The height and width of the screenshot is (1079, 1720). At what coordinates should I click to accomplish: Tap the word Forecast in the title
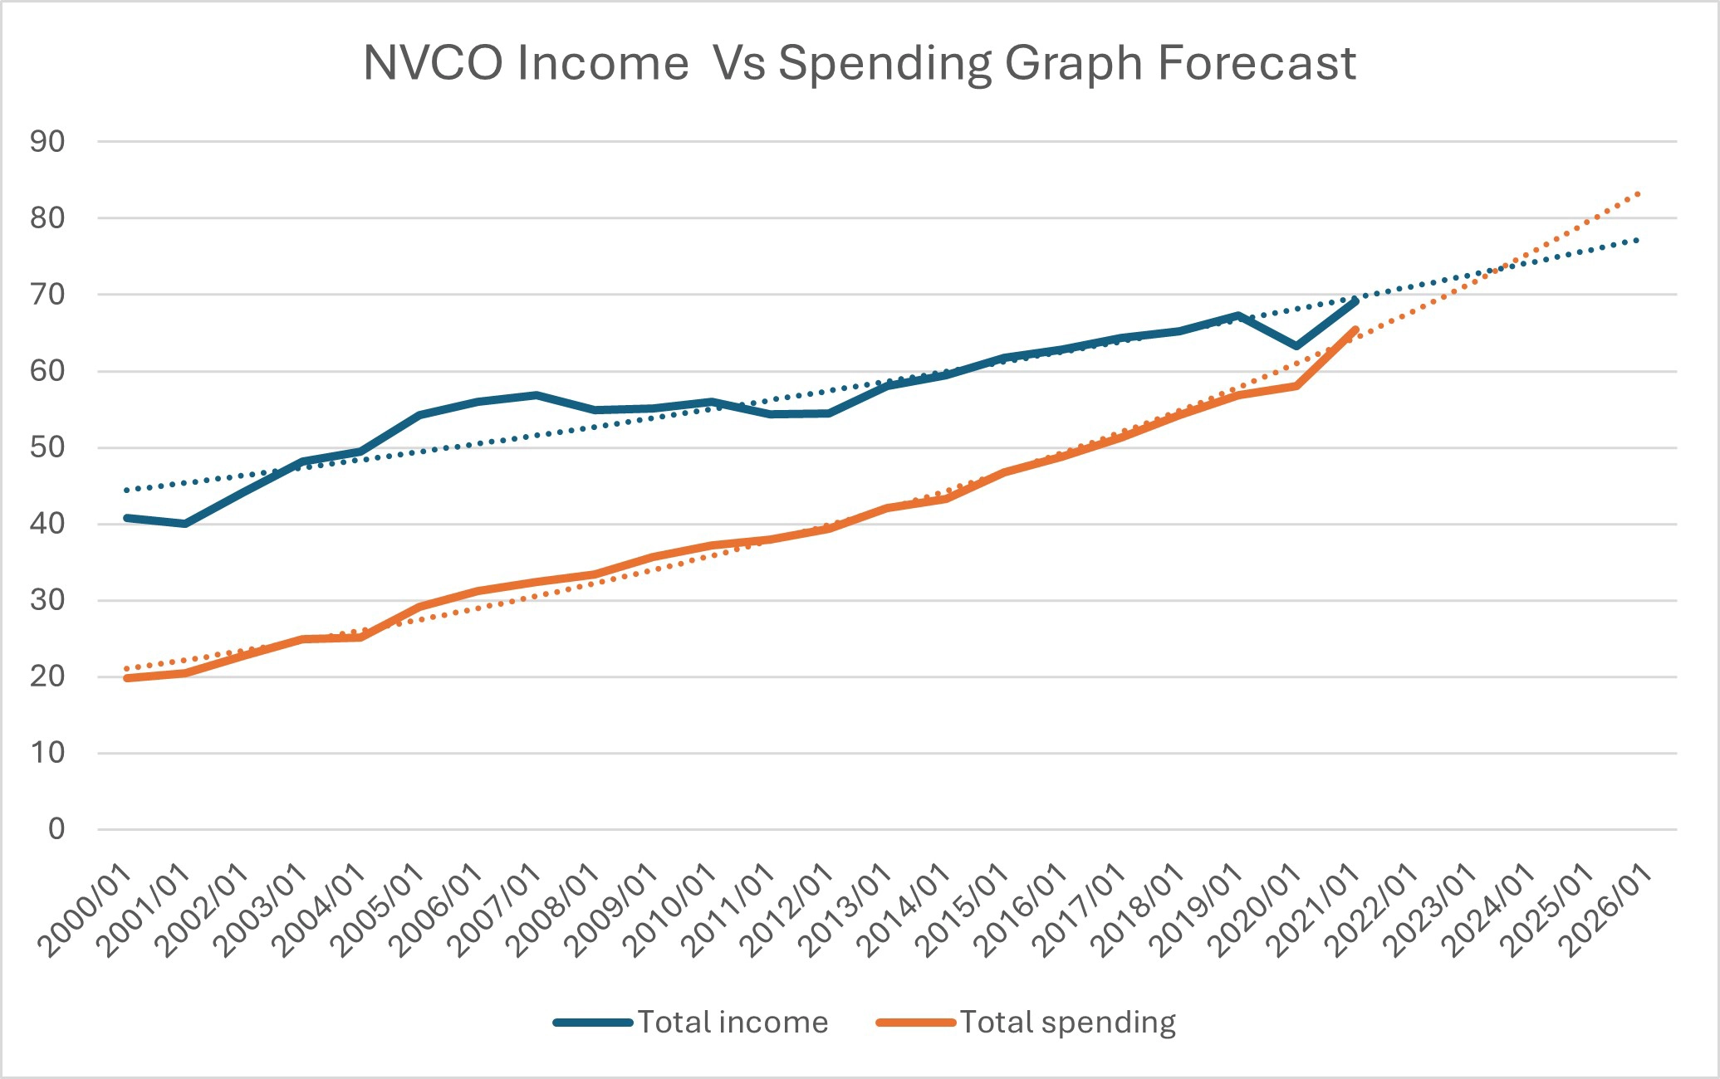point(1257,63)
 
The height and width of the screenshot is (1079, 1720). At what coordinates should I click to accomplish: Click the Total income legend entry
point(691,1022)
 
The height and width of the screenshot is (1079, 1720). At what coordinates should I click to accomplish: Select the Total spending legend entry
point(1027,1022)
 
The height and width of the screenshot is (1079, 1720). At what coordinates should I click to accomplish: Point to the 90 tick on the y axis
point(47,142)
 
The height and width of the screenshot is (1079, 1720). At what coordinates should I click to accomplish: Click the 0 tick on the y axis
point(56,828)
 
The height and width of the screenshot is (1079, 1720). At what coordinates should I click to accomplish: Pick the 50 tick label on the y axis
point(47,447)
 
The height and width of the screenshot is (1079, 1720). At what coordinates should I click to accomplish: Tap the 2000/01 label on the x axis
point(86,911)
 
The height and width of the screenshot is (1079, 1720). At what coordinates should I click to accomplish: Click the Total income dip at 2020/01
point(1296,346)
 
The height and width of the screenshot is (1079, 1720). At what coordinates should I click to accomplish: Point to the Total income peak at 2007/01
point(537,395)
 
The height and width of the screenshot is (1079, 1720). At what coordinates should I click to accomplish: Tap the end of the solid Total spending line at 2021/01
point(1355,330)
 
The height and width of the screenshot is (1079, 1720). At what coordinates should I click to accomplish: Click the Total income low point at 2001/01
point(184,524)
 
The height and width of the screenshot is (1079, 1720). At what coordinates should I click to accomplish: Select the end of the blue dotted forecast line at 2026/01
point(1639,240)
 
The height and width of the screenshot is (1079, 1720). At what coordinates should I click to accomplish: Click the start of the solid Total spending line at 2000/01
point(126,678)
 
